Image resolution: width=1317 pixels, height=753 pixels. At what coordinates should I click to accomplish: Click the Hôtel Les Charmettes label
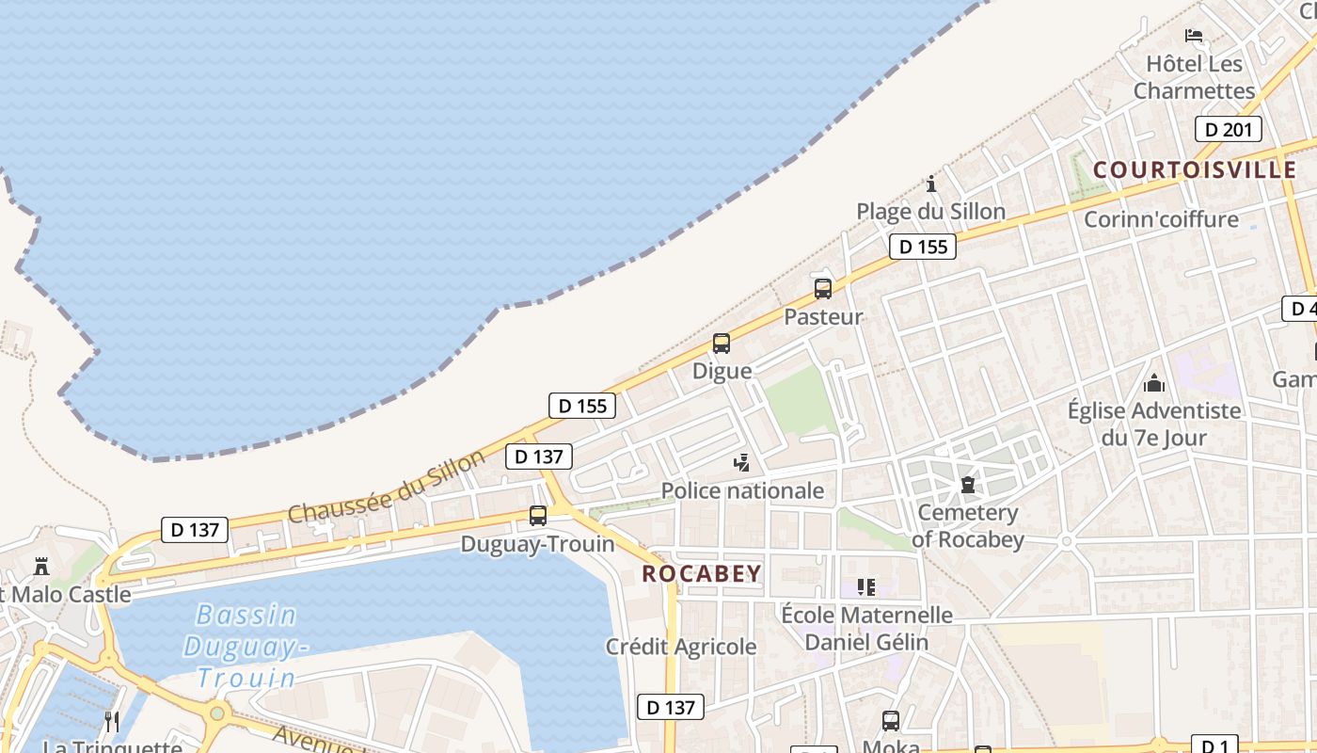(x=1194, y=77)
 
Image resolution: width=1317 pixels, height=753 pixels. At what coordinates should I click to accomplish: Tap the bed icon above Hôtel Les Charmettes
(x=1194, y=37)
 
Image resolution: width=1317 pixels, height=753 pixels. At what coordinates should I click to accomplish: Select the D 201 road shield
(x=1228, y=129)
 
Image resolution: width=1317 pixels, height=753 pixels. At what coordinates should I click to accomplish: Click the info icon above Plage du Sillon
(x=931, y=184)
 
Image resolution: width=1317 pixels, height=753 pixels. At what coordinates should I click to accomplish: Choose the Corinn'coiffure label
(x=1161, y=219)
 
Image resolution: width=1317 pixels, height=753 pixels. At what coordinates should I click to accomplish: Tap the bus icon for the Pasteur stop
(x=823, y=289)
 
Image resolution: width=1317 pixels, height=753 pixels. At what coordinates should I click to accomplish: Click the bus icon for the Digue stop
(x=722, y=344)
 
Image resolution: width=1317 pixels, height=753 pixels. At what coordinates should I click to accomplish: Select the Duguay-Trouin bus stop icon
(x=538, y=516)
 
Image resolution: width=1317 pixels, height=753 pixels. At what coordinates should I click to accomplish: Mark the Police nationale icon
(x=742, y=462)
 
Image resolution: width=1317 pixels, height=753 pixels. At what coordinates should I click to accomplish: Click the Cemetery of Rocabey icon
(x=968, y=486)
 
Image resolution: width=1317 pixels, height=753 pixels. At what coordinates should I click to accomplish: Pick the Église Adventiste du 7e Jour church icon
(x=1154, y=383)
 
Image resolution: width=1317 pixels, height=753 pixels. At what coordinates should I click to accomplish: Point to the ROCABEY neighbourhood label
(x=702, y=573)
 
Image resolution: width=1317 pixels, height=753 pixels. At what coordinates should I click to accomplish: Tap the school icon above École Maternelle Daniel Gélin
(x=866, y=587)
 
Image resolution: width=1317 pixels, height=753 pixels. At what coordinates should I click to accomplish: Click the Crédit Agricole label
(x=681, y=647)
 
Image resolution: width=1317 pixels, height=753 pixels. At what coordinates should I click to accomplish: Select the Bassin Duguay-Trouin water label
(x=246, y=646)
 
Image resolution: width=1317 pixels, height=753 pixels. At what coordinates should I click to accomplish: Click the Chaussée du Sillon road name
(x=387, y=487)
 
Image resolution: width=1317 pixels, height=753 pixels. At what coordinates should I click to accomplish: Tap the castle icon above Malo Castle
(x=41, y=567)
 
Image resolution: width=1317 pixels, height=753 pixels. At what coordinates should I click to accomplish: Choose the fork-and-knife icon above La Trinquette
(x=112, y=721)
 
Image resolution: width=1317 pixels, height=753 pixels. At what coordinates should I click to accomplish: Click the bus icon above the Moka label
(x=891, y=721)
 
